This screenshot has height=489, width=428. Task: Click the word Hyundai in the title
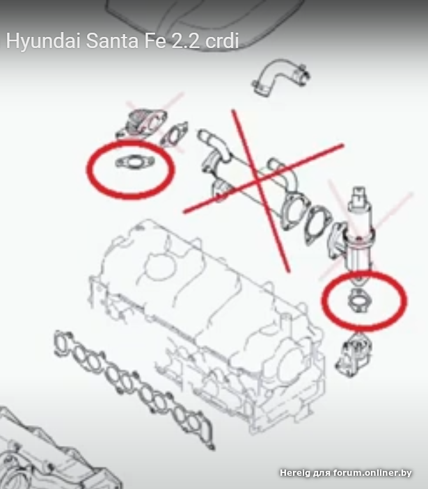pyautogui.click(x=43, y=42)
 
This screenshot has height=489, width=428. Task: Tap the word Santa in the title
pyautogui.click(x=112, y=41)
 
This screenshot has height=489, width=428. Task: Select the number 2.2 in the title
pyautogui.click(x=186, y=41)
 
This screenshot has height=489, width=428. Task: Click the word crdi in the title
pyautogui.click(x=222, y=41)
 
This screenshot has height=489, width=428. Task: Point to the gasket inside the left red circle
pyautogui.click(x=135, y=162)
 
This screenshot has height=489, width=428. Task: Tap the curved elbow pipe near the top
pyautogui.click(x=280, y=77)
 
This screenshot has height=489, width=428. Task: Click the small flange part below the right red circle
pyautogui.click(x=354, y=354)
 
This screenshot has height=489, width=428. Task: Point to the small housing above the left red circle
pyautogui.click(x=141, y=123)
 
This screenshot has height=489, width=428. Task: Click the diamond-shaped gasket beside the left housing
pyautogui.click(x=174, y=135)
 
